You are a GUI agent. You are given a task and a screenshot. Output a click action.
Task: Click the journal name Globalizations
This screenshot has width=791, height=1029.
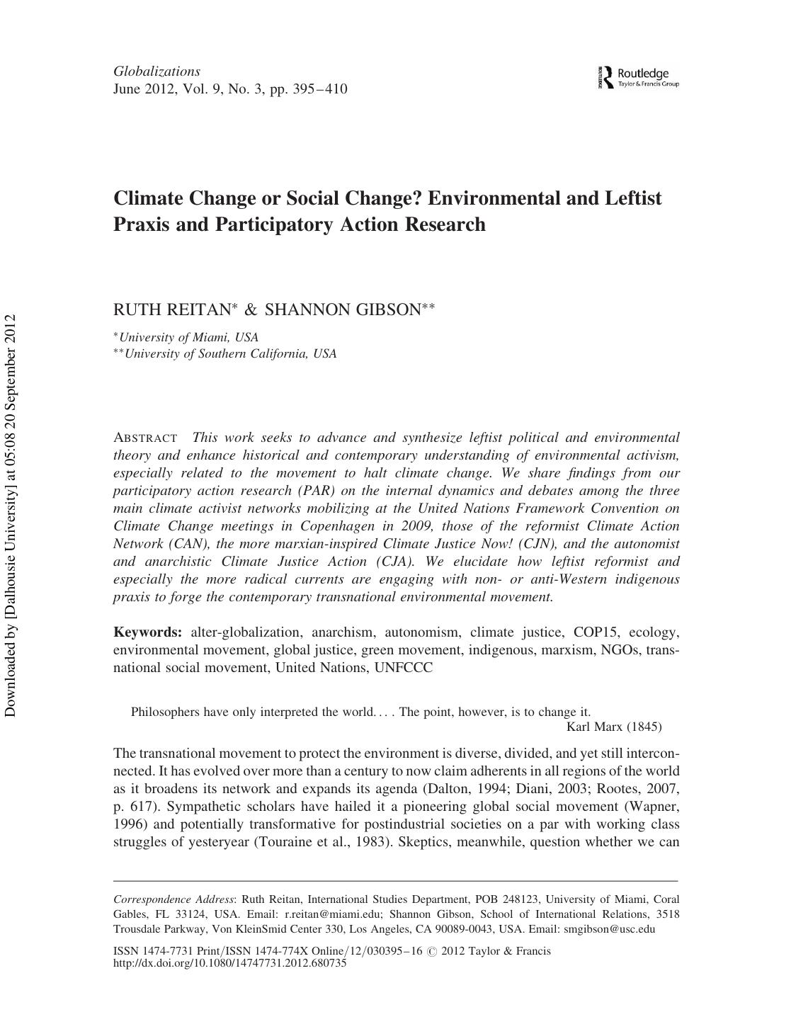point(157,72)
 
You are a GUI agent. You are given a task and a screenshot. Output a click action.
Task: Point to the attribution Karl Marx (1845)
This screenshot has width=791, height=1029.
point(614,727)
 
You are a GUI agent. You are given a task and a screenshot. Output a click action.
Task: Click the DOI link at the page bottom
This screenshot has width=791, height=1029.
point(229,963)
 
